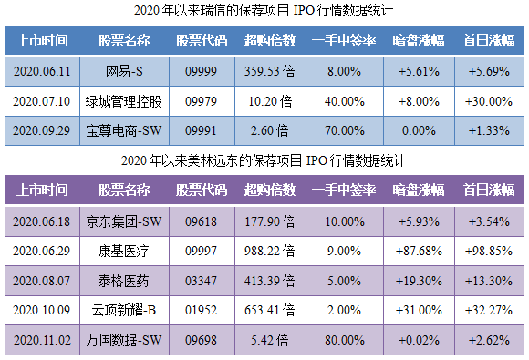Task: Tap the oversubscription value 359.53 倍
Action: [x=269, y=71]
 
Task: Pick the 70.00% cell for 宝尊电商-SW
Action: [x=345, y=130]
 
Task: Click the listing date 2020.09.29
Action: [x=43, y=130]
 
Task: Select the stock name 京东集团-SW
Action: [x=124, y=221]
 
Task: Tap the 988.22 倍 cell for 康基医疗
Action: [x=269, y=251]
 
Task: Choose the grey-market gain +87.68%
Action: [x=419, y=251]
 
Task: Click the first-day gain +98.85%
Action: [x=489, y=251]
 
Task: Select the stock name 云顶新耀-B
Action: [x=124, y=311]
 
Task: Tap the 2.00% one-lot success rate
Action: [x=345, y=311]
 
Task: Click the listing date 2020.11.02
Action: [x=43, y=341]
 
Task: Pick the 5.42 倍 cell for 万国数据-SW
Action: [x=269, y=341]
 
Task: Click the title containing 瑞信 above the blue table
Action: [x=264, y=12]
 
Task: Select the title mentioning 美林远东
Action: [x=264, y=161]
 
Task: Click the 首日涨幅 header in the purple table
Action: [x=489, y=190]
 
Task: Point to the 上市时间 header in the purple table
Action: [x=43, y=190]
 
